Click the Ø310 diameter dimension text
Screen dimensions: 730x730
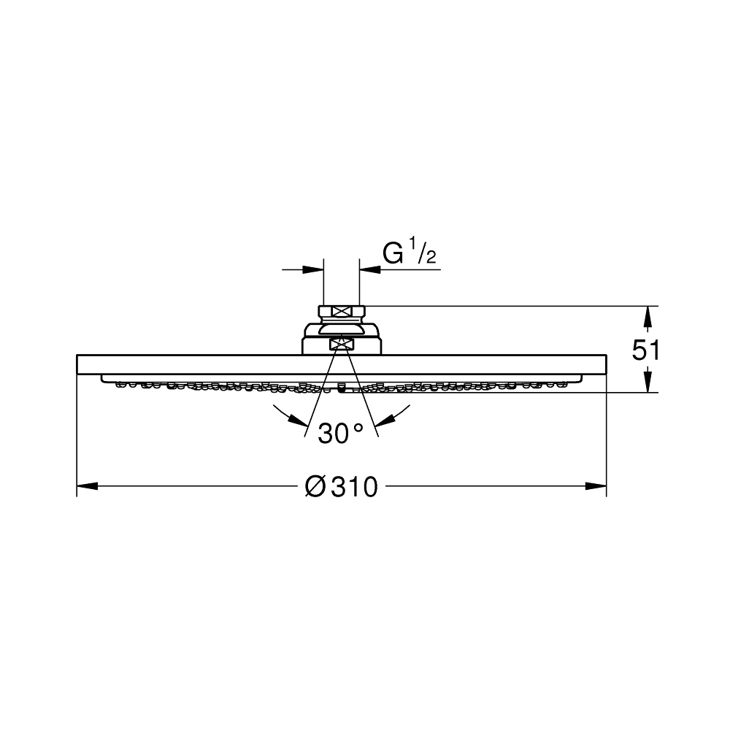(341, 487)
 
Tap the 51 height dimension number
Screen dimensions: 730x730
(645, 350)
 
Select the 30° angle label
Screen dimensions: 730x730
(340, 433)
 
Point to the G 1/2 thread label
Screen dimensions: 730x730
(410, 252)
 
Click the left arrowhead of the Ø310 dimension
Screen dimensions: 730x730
(87, 486)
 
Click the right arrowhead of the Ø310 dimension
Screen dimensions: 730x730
(596, 486)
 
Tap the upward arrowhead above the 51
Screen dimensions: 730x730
(647, 317)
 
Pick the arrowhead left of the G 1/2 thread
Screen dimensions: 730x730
(313, 269)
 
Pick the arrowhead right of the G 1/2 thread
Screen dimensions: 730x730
(370, 269)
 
